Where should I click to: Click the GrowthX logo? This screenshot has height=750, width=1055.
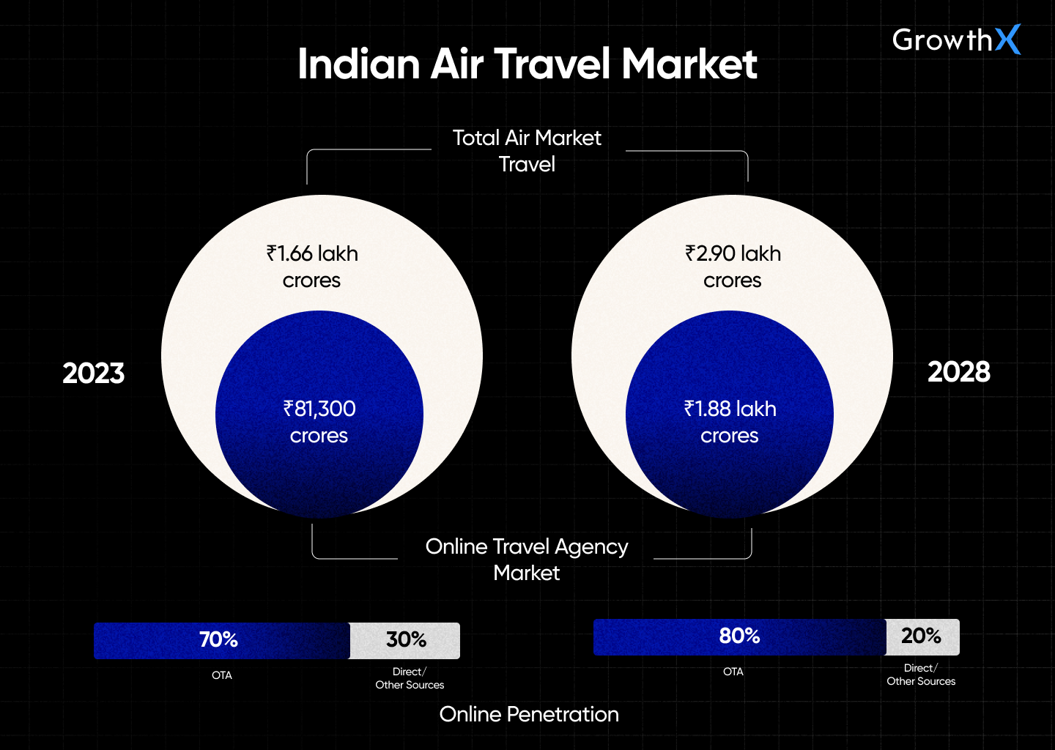click(955, 40)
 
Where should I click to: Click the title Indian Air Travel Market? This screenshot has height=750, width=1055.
click(527, 64)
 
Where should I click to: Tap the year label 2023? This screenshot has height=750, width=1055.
click(94, 374)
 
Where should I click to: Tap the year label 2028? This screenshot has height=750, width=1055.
click(958, 372)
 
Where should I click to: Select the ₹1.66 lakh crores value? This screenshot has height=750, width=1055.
click(312, 267)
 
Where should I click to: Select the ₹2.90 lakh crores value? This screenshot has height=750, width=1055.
click(733, 267)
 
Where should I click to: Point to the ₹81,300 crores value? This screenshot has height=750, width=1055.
click(319, 422)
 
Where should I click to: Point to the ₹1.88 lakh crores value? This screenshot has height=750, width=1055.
click(730, 422)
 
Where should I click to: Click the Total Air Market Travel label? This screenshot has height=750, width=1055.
click(527, 151)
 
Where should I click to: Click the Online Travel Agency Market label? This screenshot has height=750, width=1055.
click(527, 560)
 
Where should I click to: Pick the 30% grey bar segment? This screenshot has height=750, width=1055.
click(405, 640)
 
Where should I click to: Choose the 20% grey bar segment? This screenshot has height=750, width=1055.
click(922, 636)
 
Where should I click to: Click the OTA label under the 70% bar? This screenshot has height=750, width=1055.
click(222, 675)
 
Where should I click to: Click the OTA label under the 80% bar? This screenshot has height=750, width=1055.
click(733, 672)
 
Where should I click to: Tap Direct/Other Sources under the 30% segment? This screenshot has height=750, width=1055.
click(410, 678)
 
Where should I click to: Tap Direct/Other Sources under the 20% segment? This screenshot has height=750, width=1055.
click(921, 675)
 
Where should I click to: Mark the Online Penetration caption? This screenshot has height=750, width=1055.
click(529, 714)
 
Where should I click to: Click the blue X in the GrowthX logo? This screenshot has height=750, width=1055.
click(1008, 40)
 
